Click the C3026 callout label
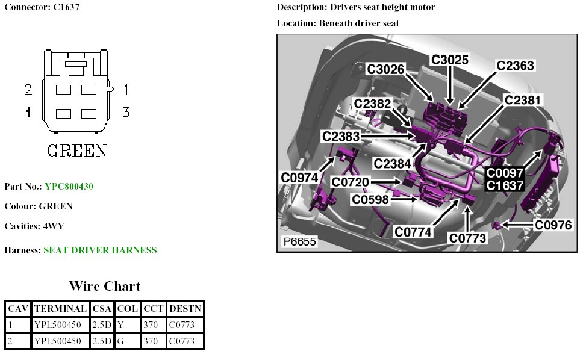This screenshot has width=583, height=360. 386,69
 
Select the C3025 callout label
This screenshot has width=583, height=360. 450,60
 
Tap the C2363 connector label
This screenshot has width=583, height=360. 515,66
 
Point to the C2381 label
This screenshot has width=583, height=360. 523,99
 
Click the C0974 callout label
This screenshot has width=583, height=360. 299,178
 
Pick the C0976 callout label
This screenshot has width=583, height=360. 553,225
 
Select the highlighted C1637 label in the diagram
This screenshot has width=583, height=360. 505,185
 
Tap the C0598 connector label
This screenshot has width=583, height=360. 370,200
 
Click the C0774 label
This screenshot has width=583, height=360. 414,231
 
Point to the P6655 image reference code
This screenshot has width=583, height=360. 299,243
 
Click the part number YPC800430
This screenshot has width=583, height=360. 69,187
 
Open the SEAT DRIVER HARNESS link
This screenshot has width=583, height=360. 100,250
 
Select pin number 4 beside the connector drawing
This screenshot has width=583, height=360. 28,112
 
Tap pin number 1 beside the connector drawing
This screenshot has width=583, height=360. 126,90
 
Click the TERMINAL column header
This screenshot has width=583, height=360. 60,309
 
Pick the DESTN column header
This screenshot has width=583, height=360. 185,309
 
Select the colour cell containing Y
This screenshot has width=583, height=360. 120,325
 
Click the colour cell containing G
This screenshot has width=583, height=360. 120,341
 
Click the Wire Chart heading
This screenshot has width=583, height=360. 104,286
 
